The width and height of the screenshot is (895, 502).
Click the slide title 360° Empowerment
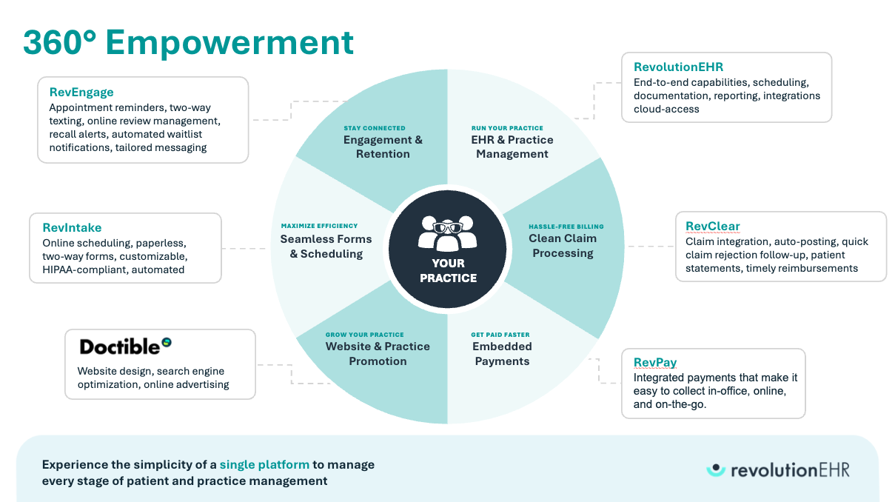188,42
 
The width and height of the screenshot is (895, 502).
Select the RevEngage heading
81,93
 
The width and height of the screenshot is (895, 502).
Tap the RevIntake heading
72,228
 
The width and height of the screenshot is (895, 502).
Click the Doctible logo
125,346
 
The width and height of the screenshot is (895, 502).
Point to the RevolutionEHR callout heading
678,67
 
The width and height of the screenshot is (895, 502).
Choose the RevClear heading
712,227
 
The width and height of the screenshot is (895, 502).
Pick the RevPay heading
655,363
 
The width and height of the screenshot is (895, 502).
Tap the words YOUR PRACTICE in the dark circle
448,271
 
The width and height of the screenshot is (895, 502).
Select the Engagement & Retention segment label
382,147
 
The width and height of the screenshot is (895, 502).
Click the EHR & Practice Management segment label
512,147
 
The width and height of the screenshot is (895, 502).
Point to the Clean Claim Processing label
562,246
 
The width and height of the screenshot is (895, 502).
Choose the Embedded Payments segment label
502,354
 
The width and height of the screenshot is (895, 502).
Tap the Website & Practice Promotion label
378,354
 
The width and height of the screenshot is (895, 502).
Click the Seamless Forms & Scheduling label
326,247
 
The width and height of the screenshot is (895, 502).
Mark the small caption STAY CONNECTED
375,128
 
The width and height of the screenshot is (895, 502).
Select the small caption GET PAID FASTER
500,335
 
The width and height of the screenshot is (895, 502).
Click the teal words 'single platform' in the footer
264,465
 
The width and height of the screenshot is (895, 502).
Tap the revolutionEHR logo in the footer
777,469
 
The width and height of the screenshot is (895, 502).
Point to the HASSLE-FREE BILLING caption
566,227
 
